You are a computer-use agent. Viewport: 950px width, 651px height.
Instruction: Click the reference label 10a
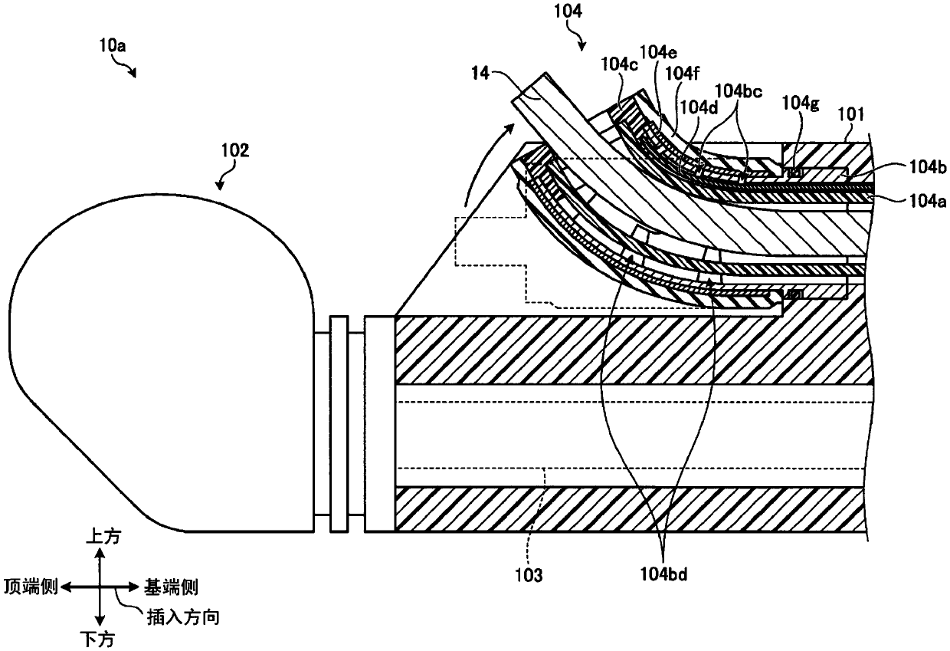coord(113,45)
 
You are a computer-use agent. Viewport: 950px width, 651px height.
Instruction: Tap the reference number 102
coord(235,150)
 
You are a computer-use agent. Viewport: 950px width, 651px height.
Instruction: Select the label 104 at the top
coord(568,12)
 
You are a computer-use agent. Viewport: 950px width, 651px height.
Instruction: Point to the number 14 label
coord(480,74)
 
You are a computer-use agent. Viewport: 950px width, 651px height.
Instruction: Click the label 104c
coord(619,64)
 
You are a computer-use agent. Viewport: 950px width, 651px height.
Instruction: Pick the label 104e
coord(658,52)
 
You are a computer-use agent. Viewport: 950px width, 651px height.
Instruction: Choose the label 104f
coord(682,74)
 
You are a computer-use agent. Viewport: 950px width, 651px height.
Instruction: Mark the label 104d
coord(699,108)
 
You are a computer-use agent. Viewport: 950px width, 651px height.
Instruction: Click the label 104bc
coord(739,90)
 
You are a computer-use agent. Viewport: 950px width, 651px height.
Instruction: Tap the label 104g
coord(801,102)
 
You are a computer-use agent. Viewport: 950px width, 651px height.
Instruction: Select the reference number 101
coord(850,114)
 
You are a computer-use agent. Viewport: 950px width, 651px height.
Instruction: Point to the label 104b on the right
coord(928,168)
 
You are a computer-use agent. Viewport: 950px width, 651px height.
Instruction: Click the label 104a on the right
coord(928,201)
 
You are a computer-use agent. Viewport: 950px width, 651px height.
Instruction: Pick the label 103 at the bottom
coord(529,575)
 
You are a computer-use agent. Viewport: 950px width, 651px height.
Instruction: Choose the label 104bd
coord(663,574)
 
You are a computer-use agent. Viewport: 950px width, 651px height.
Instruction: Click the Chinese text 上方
coord(103,537)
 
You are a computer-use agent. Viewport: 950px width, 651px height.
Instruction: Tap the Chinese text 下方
coord(97,639)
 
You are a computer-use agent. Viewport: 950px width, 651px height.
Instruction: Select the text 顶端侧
coord(31,587)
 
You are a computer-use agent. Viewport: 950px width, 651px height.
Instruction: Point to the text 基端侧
coord(171,588)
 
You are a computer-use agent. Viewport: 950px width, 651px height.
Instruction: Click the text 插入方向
coord(183,616)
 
